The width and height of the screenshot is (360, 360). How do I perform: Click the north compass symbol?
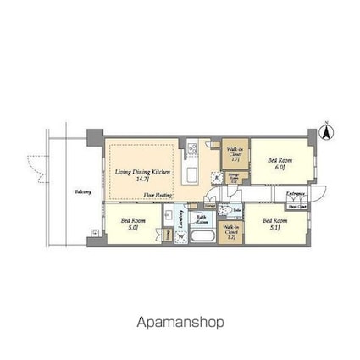pos(326,133)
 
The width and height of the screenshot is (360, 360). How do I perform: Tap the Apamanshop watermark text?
pos(180,322)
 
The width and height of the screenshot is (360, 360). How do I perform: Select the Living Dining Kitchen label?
pos(141,174)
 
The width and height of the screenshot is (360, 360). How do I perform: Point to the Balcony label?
pos(81,191)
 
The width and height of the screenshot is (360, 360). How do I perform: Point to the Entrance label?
pos(296,194)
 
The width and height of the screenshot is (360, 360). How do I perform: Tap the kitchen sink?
pos(192,175)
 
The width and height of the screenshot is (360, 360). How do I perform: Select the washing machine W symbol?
pos(180,236)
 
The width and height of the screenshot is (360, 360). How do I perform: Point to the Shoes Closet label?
pos(296,207)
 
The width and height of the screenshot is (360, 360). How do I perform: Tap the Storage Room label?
pos(233,176)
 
